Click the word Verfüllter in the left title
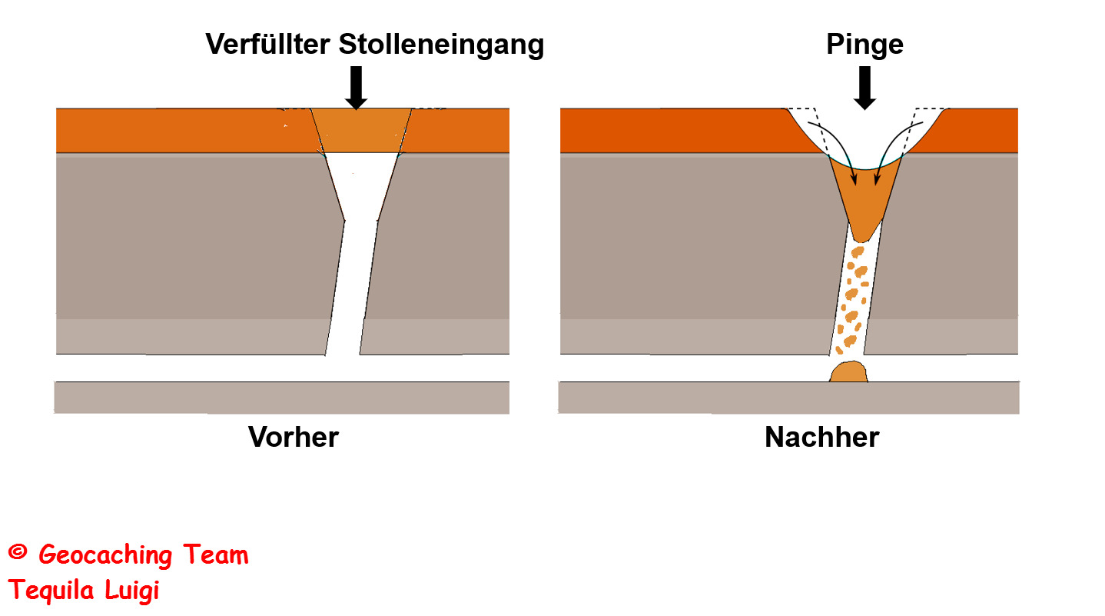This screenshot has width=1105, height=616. point(268,45)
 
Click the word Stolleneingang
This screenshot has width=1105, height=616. point(441,45)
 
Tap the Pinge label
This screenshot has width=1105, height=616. point(864,45)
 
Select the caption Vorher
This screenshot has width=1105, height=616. point(293,438)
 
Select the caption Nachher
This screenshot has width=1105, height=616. point(821,438)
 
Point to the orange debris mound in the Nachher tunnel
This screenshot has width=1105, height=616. point(849,372)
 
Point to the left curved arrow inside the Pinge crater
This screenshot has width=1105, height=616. point(838,150)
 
